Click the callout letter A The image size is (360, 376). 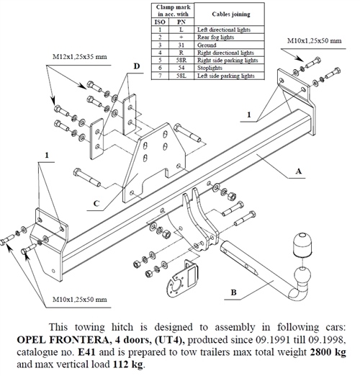click(x=298, y=171)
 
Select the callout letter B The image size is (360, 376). click(x=233, y=292)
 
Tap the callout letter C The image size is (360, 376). click(x=96, y=204)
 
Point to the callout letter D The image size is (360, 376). click(x=137, y=66)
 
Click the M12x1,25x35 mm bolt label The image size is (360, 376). click(x=80, y=57)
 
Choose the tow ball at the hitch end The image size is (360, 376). click(x=302, y=276)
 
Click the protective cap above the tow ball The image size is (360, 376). click(x=302, y=244)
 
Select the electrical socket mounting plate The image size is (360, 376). click(x=182, y=279)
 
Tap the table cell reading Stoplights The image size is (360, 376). click(x=210, y=68)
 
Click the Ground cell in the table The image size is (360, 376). click(x=207, y=45)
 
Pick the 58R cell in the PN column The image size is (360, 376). click(x=181, y=61)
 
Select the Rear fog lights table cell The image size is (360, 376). click(x=215, y=37)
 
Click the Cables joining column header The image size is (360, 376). click(x=231, y=14)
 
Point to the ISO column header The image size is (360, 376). click(x=160, y=22)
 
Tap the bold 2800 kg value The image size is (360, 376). click(x=328, y=352)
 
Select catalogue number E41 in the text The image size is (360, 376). click(x=87, y=352)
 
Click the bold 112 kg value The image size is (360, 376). click(x=128, y=364)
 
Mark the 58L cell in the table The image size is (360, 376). click(x=181, y=76)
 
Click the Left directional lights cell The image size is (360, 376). click(x=224, y=30)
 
